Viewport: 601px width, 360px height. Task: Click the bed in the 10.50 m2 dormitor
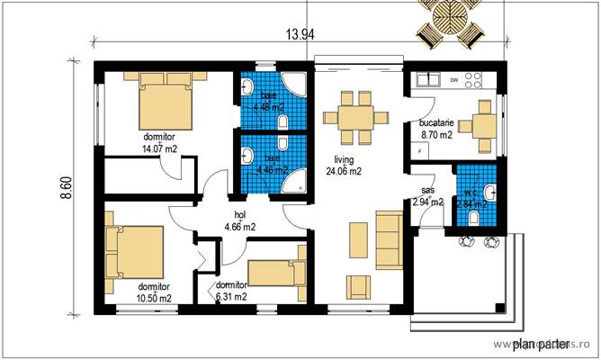pos(134,254)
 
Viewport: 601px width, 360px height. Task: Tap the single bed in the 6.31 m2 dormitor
pos(278,273)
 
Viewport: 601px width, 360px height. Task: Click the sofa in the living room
pos(390,235)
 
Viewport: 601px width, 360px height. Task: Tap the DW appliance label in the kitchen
pos(454,80)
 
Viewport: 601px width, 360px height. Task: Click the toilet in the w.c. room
pos(487,192)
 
